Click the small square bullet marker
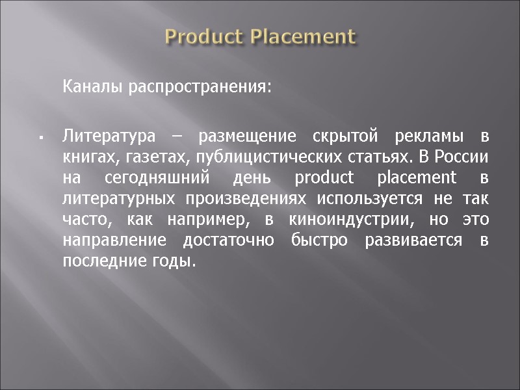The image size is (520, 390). (40, 138)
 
